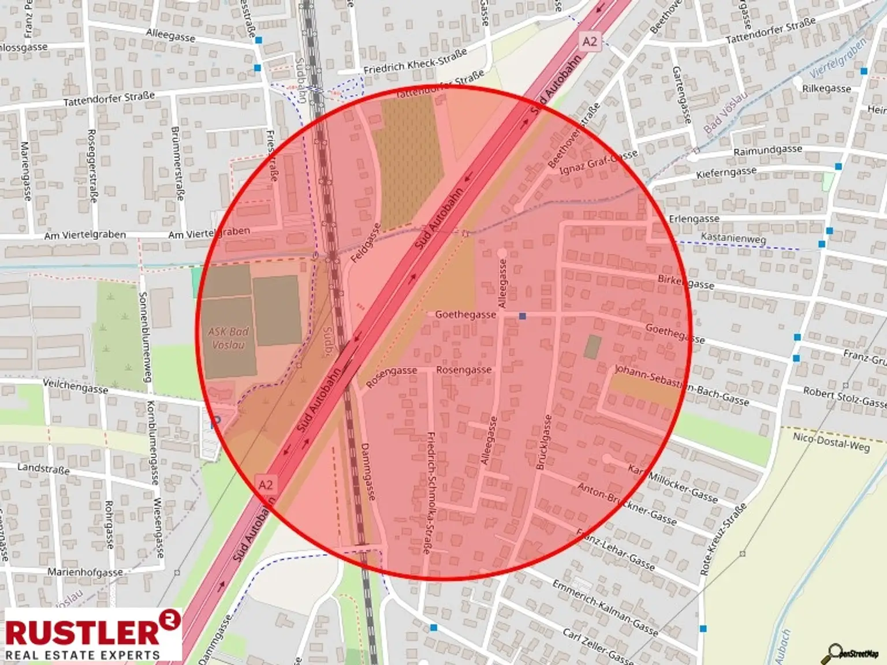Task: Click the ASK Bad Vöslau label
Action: pos(229,338)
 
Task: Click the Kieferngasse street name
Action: pos(726,173)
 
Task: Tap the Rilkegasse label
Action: pos(826,88)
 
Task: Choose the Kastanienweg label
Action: pos(733,238)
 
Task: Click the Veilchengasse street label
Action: pos(76,386)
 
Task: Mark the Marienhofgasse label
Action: pos(85,572)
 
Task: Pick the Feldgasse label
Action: pos(366,243)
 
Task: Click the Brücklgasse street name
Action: pos(544,442)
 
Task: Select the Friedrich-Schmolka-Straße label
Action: pos(430,493)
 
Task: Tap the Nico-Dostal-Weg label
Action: pos(831,442)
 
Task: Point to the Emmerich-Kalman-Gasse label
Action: pos(605,608)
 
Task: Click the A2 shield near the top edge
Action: pos(589,42)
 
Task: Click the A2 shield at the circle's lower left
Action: pos(265,484)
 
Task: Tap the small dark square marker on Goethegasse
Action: pos(523,316)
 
